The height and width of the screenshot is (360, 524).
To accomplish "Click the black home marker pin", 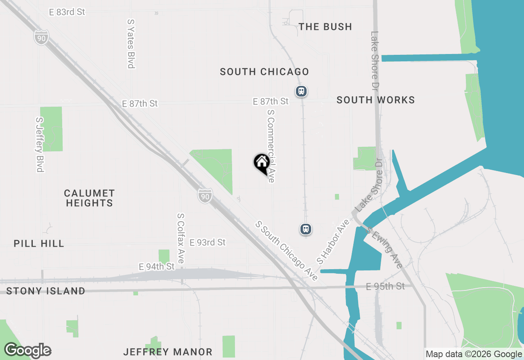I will pos(262,164).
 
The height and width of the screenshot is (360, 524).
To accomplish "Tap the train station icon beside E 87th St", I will pos(301,91).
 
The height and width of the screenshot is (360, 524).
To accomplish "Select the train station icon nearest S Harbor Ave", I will pos(306,229).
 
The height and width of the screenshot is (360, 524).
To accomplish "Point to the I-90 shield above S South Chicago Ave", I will pos(205,196).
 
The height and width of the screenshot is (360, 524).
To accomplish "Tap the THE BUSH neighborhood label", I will pos(325,27).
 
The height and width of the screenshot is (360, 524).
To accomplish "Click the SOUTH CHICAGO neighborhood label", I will pos(264,72).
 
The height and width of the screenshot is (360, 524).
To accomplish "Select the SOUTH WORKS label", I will pos(375,100).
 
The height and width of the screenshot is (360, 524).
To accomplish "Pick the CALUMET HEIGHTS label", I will pos(89,198).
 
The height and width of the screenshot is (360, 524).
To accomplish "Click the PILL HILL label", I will pos(39,244).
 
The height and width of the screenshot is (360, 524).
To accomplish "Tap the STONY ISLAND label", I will pos(46,291).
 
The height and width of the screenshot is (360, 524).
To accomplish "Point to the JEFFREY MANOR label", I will pos(168,352).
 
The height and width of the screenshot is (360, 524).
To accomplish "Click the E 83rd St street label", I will pos(67,12).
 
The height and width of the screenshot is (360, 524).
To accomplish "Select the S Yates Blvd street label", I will pos(131,43).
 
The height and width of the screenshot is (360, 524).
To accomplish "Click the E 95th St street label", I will pos(385,286).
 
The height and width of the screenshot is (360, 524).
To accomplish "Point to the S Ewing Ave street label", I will pos(384,248).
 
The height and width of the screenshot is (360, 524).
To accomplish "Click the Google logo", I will pos(28,351).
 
